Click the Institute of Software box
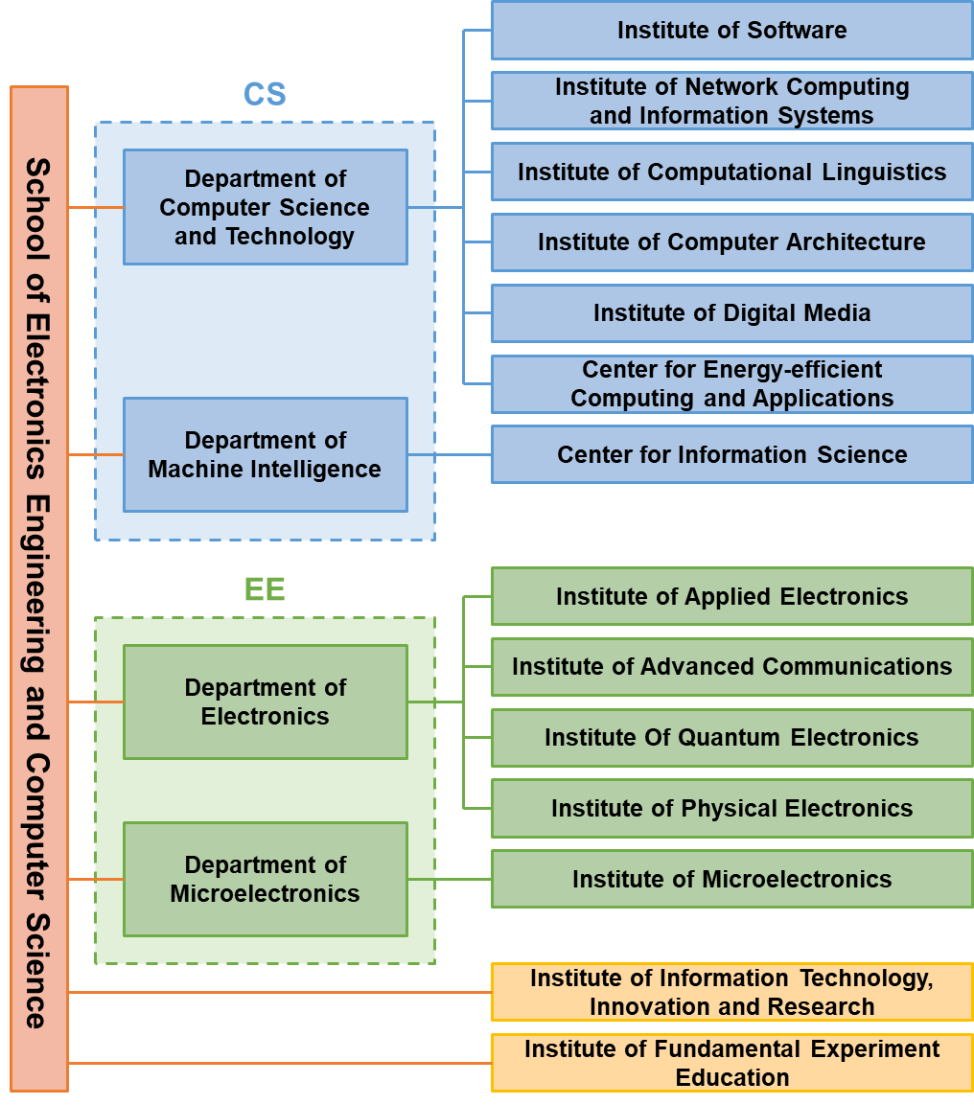(731, 31)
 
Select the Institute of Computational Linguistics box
(731, 173)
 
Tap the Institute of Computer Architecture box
(731, 242)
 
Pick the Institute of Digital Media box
(731, 313)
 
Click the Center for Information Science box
(731, 454)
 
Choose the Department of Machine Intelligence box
(266, 455)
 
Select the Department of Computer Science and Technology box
(266, 207)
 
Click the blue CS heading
(265, 94)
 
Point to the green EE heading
(265, 589)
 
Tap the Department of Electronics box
(266, 702)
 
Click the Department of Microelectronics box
(266, 879)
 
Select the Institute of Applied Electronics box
(731, 596)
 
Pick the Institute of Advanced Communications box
(731, 667)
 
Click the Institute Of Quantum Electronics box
(731, 738)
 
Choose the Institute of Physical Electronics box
(731, 808)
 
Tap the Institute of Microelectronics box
(731, 879)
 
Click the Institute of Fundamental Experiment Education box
(731, 1063)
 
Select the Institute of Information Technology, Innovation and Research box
(731, 992)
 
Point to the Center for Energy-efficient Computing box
(731, 383)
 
